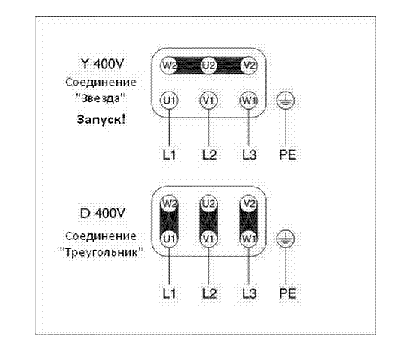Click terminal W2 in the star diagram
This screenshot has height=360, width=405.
[169, 65]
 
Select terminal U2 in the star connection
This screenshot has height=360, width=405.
[208, 65]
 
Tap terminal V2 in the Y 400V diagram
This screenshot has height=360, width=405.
[249, 65]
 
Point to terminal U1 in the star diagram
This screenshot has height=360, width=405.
[169, 100]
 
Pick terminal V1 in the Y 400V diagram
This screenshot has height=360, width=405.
[208, 100]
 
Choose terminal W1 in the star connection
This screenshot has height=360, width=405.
[249, 100]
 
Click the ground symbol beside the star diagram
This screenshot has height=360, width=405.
[286, 100]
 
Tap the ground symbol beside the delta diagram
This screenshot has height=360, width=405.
[286, 238]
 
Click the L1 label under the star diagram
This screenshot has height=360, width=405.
[169, 154]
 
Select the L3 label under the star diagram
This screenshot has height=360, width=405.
[250, 154]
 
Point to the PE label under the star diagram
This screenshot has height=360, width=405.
[288, 154]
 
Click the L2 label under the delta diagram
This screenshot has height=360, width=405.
[209, 293]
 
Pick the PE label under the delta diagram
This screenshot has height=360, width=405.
[288, 293]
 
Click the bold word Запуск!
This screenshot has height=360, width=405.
[101, 119]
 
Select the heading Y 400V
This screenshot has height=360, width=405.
[102, 64]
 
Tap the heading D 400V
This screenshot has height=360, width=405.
[103, 214]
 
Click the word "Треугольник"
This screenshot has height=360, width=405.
[101, 252]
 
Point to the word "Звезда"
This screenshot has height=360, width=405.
[100, 98]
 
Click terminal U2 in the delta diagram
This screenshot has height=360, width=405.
[208, 204]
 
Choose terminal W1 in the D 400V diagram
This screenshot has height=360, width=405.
[249, 238]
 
